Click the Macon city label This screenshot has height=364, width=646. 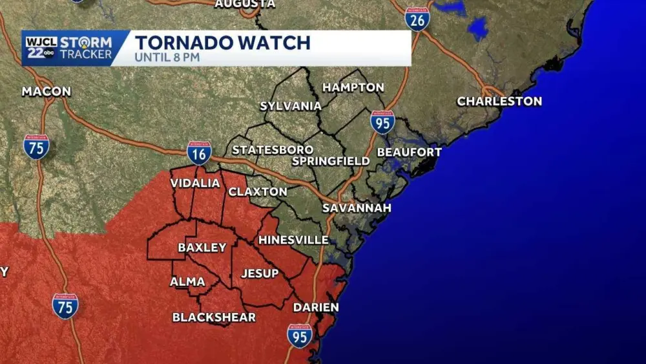[46, 92]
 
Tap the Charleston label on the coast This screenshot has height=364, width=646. [499, 102]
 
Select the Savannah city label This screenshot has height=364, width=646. [357, 208]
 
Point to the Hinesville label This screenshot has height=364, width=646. [293, 240]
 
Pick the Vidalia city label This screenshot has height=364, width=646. [195, 184]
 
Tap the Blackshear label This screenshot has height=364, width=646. [214, 317]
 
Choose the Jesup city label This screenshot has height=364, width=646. [260, 273]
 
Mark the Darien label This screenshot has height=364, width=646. [316, 308]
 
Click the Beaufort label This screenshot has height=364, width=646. [409, 153]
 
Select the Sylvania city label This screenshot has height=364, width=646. [291, 106]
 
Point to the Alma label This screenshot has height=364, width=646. [187, 282]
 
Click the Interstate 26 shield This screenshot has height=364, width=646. [417, 19]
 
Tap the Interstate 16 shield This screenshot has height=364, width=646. [199, 153]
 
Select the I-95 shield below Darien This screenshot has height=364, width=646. [300, 336]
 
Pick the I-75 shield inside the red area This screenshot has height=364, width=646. [65, 306]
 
